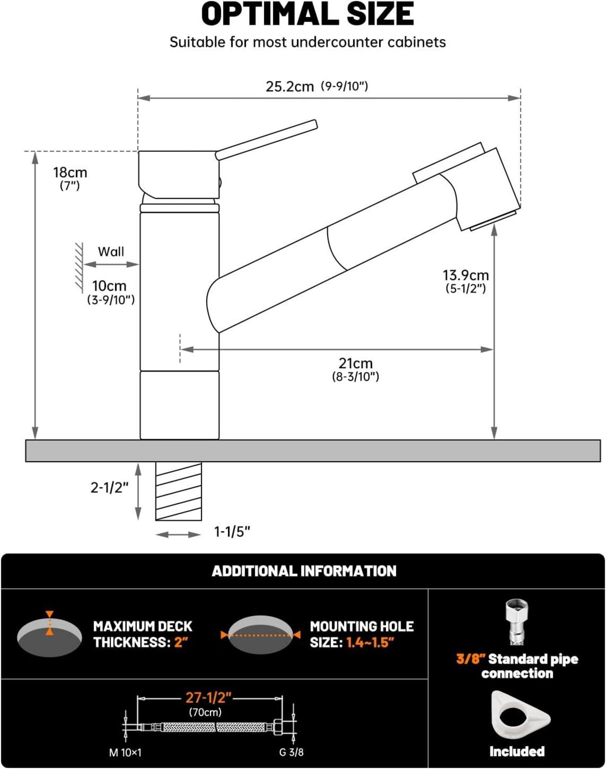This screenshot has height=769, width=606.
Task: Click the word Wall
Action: tap(111, 251)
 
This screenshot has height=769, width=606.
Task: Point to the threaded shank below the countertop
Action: tap(179, 491)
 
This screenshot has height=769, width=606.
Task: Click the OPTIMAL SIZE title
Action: tap(307, 14)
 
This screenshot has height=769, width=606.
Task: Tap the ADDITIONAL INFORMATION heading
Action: tap(304, 571)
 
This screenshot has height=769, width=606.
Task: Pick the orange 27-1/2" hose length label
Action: tap(208, 697)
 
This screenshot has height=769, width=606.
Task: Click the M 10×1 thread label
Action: tap(125, 752)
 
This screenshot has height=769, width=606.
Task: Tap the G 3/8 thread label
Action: tap(291, 752)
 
